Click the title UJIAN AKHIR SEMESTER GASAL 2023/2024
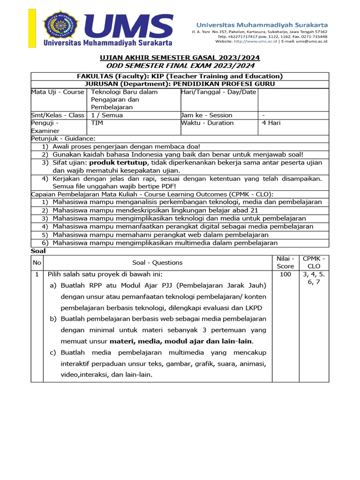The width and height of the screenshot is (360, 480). click(180, 58)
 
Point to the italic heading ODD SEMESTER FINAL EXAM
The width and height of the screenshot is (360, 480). click(180, 66)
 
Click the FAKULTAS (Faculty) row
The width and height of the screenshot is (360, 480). click(180, 76)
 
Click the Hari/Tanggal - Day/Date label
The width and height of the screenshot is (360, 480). click(219, 92)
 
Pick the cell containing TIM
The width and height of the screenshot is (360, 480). click(97, 123)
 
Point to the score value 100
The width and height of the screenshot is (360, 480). click(285, 274)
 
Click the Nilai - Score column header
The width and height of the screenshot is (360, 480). click(285, 262)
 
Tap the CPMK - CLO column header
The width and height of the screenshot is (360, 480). click(314, 262)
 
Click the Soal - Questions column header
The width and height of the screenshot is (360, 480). click(157, 262)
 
